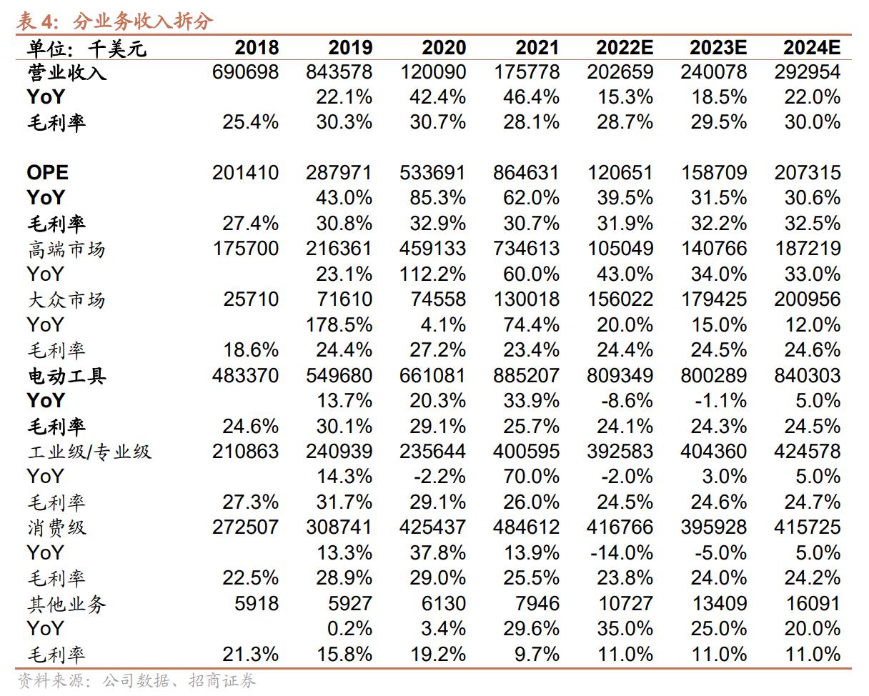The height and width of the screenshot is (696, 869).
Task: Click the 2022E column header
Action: click(x=624, y=47)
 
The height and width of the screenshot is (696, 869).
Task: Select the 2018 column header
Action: click(x=257, y=47)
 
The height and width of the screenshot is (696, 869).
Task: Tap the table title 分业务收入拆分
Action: click(x=143, y=21)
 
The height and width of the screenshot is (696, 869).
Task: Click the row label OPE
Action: click(x=47, y=172)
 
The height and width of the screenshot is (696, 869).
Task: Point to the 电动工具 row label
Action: click(x=66, y=375)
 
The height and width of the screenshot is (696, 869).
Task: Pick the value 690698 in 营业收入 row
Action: click(x=245, y=71)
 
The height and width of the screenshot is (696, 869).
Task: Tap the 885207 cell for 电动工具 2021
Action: click(x=526, y=375)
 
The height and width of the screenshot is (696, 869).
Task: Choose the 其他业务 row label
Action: click(x=66, y=604)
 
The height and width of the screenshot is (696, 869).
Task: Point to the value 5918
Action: click(x=257, y=603)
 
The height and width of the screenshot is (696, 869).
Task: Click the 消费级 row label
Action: click(x=56, y=527)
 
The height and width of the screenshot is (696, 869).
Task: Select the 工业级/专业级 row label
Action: click(x=89, y=452)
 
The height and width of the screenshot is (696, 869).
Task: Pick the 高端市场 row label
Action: click(x=66, y=249)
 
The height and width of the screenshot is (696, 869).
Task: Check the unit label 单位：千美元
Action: click(x=86, y=49)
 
